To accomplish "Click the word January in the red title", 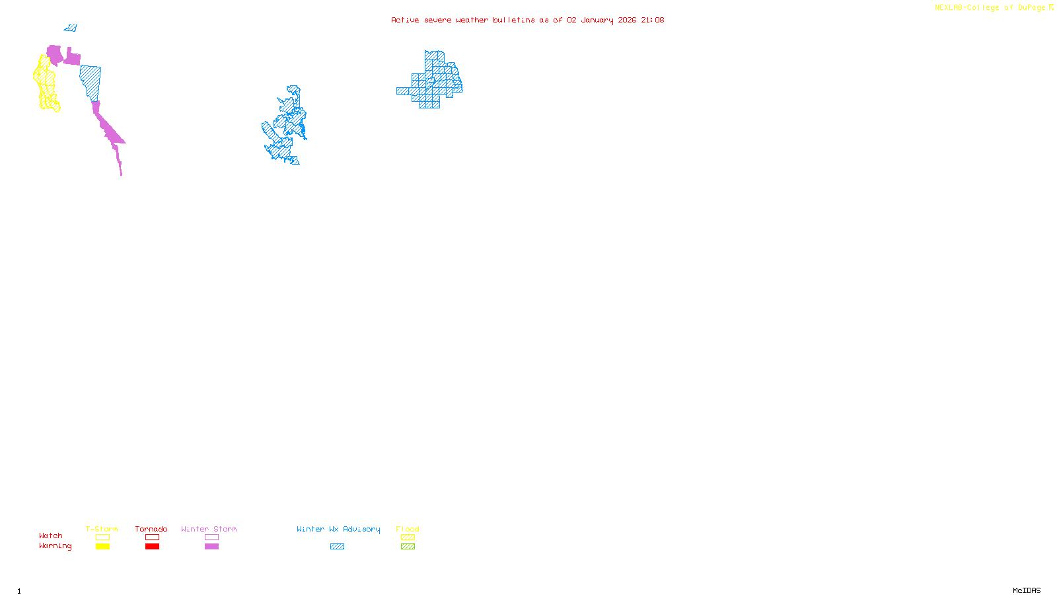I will point(597,20).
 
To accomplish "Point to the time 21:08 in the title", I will point(652,20).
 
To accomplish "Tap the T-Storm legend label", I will point(102,529).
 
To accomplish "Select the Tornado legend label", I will point(151,529).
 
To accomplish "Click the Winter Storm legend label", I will point(209,529).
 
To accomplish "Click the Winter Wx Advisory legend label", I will point(338,529).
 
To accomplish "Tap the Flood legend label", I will point(408,529).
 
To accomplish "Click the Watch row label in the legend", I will point(51,535).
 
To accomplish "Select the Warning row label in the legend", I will point(55,546).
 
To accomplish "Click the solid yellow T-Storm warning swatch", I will point(102,547).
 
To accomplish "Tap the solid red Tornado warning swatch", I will point(152,547).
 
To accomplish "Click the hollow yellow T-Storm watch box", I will point(102,537).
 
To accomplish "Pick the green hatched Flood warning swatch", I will point(408,547).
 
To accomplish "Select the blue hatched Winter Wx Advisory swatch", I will point(337,547).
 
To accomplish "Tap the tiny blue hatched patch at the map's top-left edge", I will point(71,28).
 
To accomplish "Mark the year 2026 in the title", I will point(628,20).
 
